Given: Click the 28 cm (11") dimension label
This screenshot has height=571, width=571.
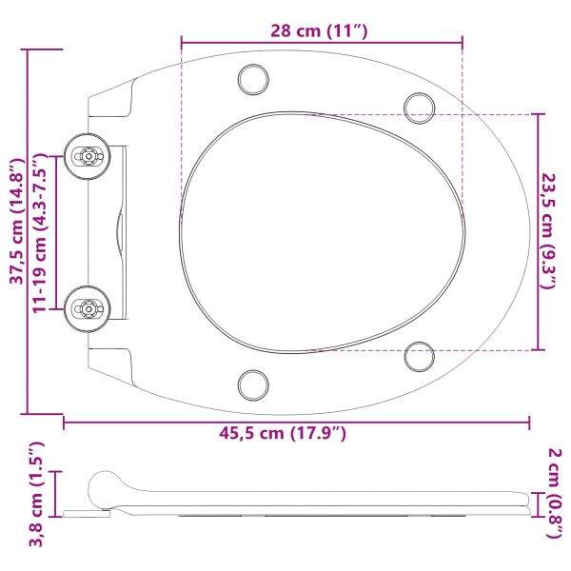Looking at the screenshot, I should click(x=321, y=30).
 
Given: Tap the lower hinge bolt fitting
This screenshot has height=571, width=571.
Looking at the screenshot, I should click(x=89, y=307).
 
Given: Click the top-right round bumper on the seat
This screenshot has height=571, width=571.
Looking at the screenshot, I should click(x=419, y=106).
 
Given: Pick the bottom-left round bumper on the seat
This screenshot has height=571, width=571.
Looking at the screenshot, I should click(x=254, y=384).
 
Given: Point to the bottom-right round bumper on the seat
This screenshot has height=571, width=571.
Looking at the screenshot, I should click(x=419, y=356).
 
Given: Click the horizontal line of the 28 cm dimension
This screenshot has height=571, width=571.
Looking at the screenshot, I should click(x=321, y=42).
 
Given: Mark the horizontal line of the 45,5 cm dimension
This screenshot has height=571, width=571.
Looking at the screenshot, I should click(x=297, y=420).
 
